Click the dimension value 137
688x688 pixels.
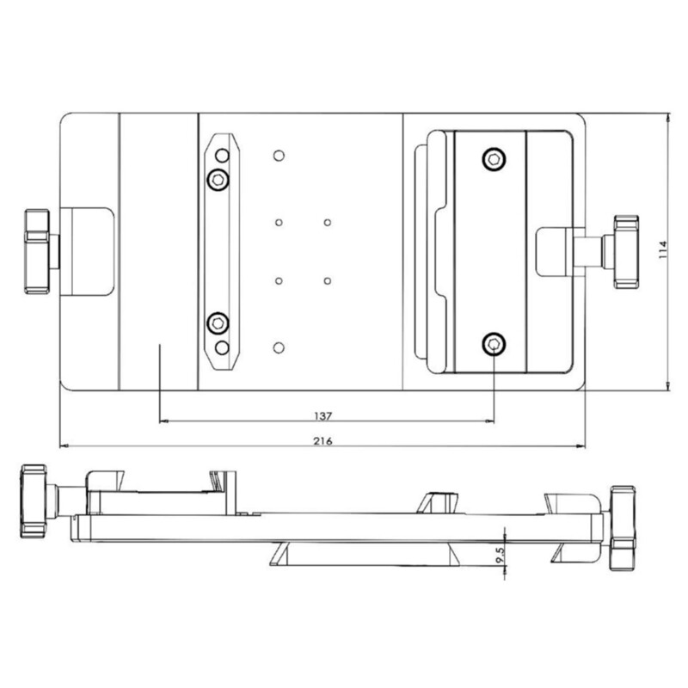tap(323, 415)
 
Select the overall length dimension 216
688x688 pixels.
tap(323, 440)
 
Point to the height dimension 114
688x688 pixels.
tap(661, 250)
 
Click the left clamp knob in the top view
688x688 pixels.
tap(39, 250)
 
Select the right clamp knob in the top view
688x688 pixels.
tap(624, 251)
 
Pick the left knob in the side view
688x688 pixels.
tap(34, 501)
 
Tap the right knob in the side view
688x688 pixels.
tap(621, 527)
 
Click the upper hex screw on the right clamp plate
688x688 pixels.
tap(493, 158)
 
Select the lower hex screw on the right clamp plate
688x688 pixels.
tap(493, 344)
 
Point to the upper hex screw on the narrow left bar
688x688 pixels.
tap(218, 179)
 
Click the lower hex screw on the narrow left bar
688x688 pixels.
tap(218, 323)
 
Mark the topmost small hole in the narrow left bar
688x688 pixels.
tap(222, 156)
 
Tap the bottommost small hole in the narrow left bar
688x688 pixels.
tap(222, 347)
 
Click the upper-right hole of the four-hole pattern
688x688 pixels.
tap(328, 223)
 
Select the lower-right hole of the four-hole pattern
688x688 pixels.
tap(328, 280)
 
